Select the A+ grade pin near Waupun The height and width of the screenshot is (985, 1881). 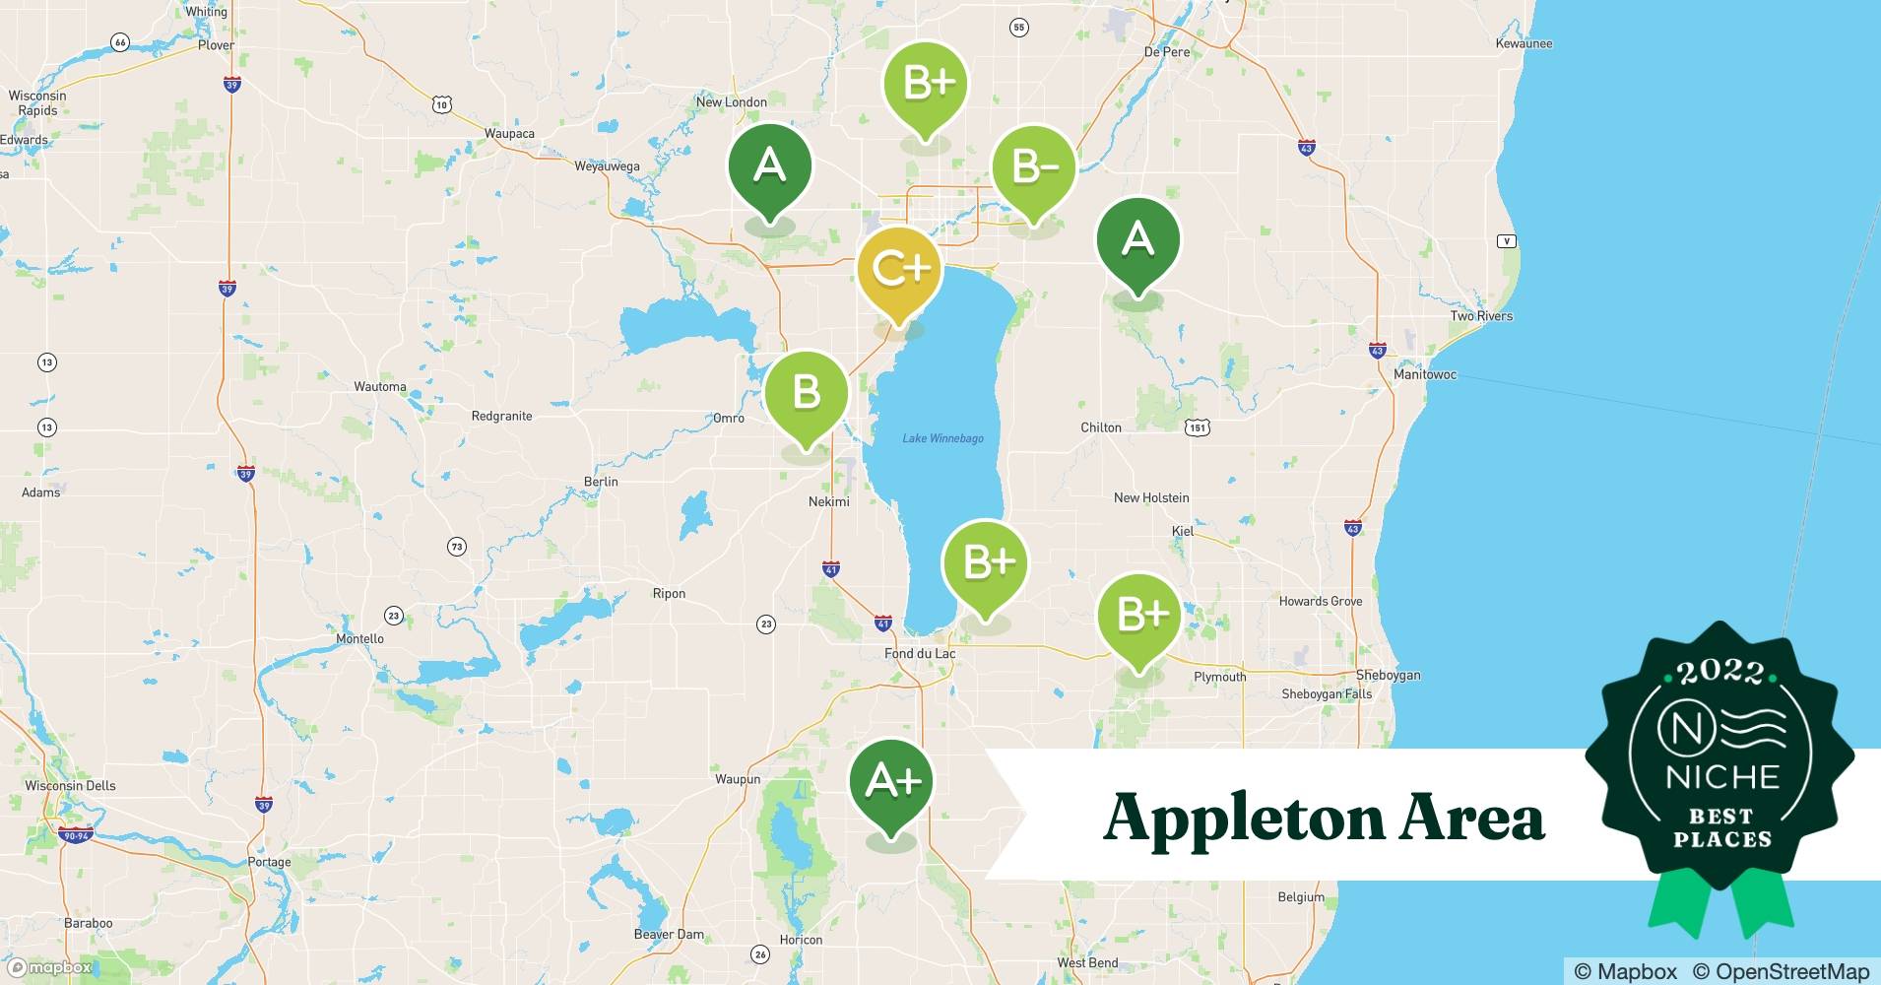tap(891, 782)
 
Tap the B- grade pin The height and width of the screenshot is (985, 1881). tap(1032, 168)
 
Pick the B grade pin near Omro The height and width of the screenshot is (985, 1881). tap(806, 393)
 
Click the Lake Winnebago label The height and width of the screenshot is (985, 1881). tap(942, 438)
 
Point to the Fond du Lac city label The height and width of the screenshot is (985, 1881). tap(920, 654)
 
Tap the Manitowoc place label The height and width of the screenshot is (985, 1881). tap(1424, 375)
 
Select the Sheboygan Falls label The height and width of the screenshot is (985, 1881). tap(1326, 694)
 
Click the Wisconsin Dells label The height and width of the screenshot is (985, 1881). tap(70, 786)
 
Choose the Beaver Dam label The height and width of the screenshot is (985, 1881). tap(669, 935)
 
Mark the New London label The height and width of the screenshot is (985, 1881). tap(731, 102)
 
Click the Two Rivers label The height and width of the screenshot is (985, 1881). tap(1480, 316)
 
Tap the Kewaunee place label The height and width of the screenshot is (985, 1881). tap(1523, 43)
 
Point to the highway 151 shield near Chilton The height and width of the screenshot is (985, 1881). tap(1197, 427)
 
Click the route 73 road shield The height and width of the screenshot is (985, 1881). tap(456, 547)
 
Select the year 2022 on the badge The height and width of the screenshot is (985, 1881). tap(1719, 672)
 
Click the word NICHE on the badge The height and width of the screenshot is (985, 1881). tap(1721, 777)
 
